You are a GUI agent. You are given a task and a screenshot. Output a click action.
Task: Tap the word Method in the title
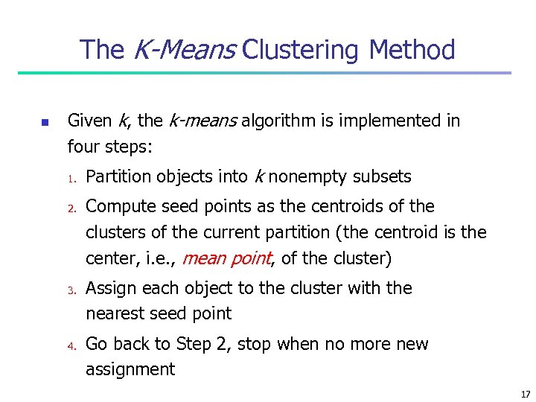(x=412, y=50)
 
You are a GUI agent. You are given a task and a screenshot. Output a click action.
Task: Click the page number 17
(x=526, y=394)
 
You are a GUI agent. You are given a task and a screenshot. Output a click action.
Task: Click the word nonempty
(x=308, y=177)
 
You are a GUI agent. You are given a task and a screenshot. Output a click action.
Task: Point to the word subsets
(x=382, y=176)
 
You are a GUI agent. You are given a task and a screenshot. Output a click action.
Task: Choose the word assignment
(x=130, y=370)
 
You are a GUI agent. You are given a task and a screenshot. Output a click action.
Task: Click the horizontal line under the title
(x=264, y=73)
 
